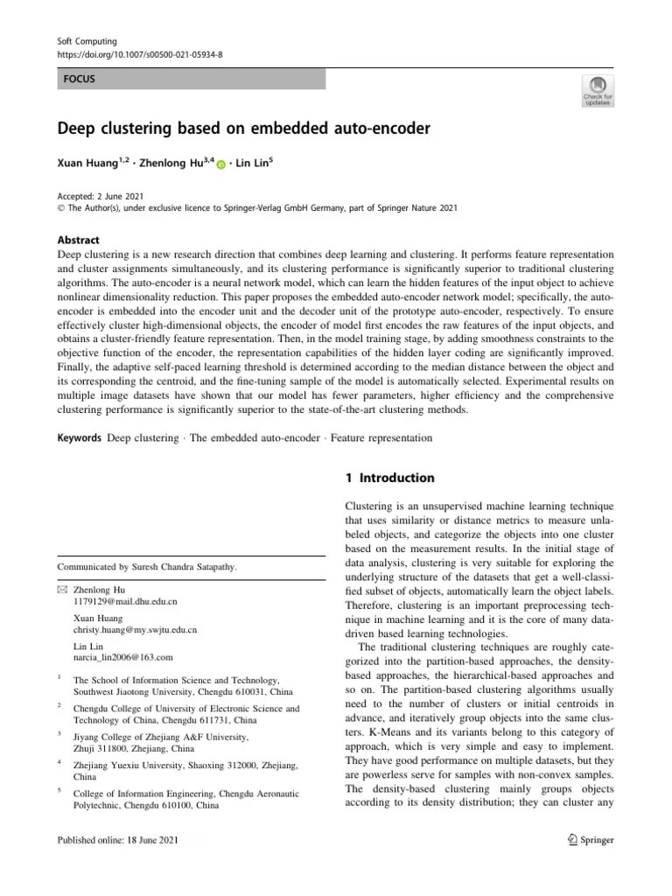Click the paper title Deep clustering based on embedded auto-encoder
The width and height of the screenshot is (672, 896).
click(244, 129)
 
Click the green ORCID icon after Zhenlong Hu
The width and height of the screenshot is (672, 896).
click(220, 164)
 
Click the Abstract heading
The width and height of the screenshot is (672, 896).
click(79, 240)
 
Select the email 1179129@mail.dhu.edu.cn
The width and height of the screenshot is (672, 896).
click(125, 603)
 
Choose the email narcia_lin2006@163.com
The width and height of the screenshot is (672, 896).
click(123, 656)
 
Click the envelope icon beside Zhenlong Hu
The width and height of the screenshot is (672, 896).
click(62, 591)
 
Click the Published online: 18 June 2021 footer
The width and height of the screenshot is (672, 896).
click(117, 840)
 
